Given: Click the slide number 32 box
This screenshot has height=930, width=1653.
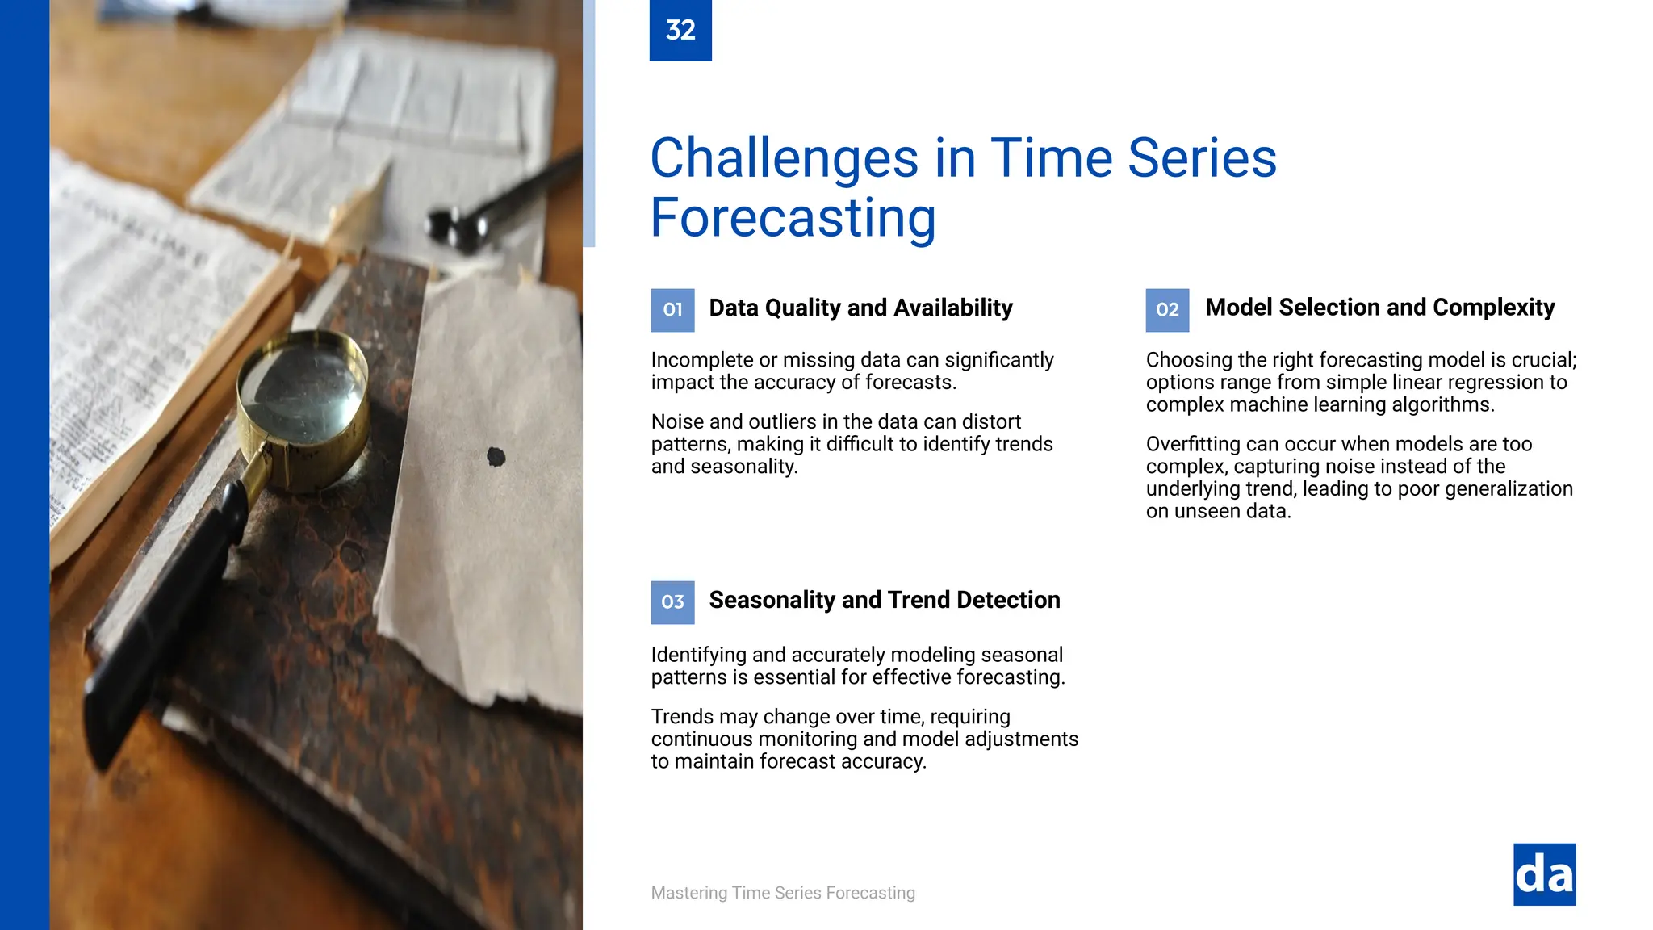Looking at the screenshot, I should point(680,30).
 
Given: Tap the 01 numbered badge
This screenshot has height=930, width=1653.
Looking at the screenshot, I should point(672,310).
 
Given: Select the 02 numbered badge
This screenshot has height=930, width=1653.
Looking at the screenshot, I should point(1167,310).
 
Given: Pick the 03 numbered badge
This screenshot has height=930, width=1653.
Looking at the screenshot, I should point(672,602).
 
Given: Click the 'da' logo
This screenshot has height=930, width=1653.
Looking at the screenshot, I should point(1544,874).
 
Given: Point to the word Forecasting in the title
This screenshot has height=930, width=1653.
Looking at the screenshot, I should point(793,218).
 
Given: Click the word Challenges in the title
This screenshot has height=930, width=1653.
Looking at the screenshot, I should point(784,157).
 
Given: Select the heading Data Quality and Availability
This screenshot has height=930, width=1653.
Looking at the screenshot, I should point(860,308).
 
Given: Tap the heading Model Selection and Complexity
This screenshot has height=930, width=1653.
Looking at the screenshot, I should point(1379,308).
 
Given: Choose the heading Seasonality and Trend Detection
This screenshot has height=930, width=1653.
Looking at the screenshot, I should point(884,601).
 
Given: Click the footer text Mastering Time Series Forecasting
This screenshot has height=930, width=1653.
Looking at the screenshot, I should point(783,893).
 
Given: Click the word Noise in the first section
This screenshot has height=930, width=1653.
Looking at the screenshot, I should point(676,422).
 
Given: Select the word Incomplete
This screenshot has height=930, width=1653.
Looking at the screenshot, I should point(700,360).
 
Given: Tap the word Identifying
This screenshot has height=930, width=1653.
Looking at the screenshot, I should point(699,655).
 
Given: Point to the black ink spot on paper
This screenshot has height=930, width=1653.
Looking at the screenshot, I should point(496,458).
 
